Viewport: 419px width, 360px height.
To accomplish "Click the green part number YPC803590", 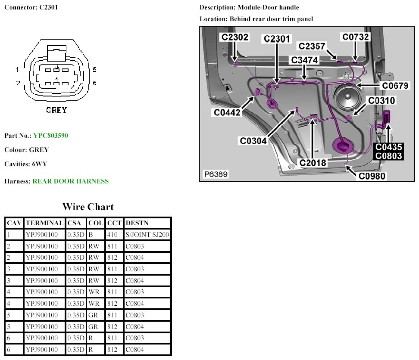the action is pyautogui.click(x=50, y=136).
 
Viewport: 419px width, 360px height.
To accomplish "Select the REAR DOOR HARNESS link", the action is pyautogui.click(x=70, y=181).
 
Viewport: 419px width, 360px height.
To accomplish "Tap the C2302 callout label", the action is pyautogui.click(x=235, y=37).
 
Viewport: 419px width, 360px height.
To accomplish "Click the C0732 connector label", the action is pyautogui.click(x=356, y=37).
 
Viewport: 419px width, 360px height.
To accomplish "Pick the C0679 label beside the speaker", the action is pyautogui.click(x=395, y=86).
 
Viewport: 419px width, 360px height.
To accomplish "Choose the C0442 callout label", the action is pyautogui.click(x=228, y=112).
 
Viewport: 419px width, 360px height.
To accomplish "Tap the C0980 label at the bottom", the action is pyautogui.click(x=373, y=175).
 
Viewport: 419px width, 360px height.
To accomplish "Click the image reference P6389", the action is pyautogui.click(x=216, y=174).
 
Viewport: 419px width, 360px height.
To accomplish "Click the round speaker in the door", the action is pyautogui.click(x=347, y=100).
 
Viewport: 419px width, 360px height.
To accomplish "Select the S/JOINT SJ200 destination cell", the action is pyautogui.click(x=147, y=235).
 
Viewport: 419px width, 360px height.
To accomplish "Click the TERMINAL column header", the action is pyautogui.click(x=44, y=223).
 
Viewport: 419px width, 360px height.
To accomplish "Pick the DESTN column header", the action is pyautogui.click(x=137, y=223).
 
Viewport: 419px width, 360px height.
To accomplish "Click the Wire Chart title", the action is pyautogui.click(x=88, y=207).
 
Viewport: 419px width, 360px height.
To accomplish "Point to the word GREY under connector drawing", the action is pyautogui.click(x=57, y=110).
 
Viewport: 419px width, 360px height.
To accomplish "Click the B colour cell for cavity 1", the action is pyautogui.click(x=91, y=235).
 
